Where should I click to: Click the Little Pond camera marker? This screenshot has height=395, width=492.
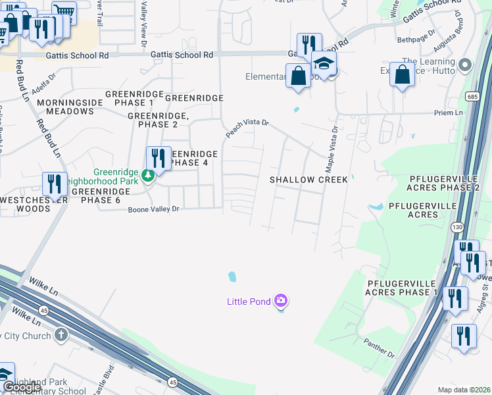pyautogui.click(x=281, y=301)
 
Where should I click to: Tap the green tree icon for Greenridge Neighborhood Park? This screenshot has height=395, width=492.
pyautogui.click(x=149, y=175)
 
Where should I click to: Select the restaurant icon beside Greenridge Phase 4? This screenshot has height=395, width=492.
pyautogui.click(x=159, y=158)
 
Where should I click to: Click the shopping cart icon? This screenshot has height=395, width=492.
pyautogui.click(x=64, y=11)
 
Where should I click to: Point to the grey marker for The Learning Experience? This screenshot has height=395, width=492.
pyautogui.click(x=465, y=65)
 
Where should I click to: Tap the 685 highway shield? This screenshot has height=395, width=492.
pyautogui.click(x=472, y=97)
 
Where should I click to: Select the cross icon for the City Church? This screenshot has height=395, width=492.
pyautogui.click(x=61, y=335)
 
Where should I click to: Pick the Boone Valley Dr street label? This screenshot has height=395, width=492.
pyautogui.click(x=153, y=209)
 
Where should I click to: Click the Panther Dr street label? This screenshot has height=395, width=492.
pyautogui.click(x=379, y=348)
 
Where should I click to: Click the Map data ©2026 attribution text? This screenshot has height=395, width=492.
pyautogui.click(x=464, y=390)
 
